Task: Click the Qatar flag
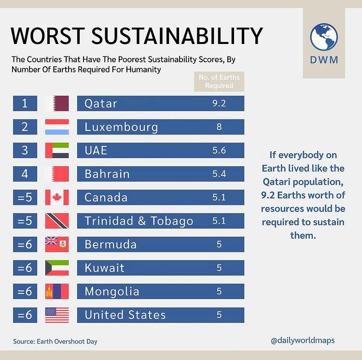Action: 57,103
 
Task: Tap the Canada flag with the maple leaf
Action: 57,198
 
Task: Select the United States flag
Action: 57,315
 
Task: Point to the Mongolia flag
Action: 57,291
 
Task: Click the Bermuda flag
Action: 57,245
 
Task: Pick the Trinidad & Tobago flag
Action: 57,221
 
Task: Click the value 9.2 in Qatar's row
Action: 219,103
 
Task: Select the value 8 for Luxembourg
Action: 219,127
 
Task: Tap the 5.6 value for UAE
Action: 219,150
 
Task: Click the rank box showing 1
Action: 25,103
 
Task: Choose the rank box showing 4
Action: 25,174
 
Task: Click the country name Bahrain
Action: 107,174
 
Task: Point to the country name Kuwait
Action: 104,268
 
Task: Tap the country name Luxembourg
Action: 121,127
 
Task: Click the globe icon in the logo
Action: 324,37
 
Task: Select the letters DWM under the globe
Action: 324,61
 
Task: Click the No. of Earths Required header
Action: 219,81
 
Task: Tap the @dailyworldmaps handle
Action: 303,340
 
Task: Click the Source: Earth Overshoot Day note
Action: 55,341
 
